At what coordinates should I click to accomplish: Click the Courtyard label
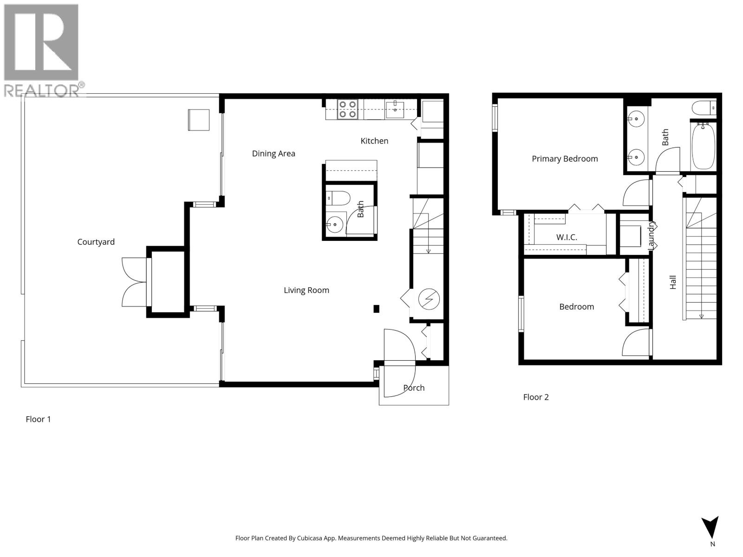[96, 242]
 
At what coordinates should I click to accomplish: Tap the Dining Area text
[274, 154]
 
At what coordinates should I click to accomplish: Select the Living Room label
[306, 290]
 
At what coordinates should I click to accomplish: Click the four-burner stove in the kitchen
[347, 109]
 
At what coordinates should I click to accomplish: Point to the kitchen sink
[395, 110]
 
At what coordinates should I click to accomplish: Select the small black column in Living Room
[377, 309]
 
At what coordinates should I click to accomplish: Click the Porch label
[414, 388]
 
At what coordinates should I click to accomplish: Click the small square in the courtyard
[199, 120]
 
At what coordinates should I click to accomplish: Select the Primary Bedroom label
[565, 159]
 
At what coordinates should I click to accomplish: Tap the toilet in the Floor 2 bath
[704, 108]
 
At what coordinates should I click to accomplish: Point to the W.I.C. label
[567, 237]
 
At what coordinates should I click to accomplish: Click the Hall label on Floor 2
[673, 282]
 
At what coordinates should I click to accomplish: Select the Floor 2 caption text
[536, 397]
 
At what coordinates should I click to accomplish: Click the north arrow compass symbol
[710, 528]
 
